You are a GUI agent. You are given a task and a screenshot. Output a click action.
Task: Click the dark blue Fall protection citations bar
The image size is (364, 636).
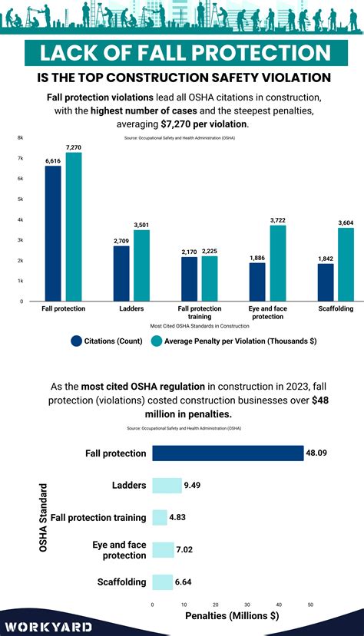(53, 233)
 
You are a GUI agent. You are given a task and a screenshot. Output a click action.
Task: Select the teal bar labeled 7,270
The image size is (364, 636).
(74, 226)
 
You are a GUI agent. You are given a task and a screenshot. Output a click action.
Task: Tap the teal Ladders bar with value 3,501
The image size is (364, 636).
(142, 265)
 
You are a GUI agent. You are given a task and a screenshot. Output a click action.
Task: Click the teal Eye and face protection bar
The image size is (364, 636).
(278, 263)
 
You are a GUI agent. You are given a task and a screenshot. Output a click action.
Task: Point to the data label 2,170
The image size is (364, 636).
(190, 252)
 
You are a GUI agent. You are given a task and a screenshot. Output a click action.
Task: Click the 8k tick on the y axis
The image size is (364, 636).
(21, 137)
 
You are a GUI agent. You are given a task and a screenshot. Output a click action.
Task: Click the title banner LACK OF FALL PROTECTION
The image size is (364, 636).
(181, 54)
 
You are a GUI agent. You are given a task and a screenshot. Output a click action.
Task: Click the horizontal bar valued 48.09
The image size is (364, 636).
(227, 453)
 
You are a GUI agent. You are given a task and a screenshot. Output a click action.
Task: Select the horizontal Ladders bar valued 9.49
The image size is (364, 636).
(167, 485)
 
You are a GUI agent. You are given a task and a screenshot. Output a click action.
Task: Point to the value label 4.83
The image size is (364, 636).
(179, 517)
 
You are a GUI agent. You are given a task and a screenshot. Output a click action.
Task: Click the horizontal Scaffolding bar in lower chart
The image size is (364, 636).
(163, 582)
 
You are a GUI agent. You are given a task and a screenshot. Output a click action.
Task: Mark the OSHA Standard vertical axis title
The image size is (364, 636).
(44, 517)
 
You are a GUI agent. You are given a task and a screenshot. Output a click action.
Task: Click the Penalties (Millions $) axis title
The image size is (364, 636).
(232, 615)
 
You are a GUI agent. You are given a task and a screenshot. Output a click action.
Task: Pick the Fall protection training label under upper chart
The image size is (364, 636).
(200, 312)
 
